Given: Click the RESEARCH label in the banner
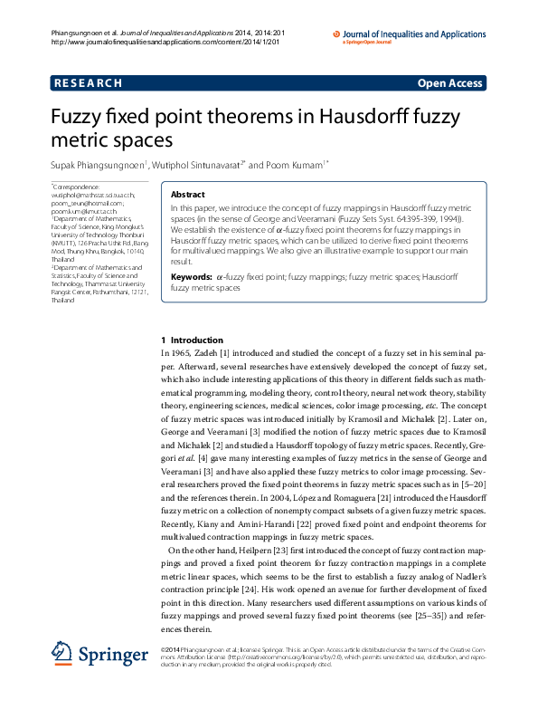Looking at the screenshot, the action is tap(89, 83).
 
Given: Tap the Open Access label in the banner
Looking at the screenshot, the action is tap(449, 83).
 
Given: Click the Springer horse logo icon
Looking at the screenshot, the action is tap(61, 654).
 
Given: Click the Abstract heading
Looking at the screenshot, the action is tap(188, 195).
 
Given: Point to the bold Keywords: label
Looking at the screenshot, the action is tap(192, 275).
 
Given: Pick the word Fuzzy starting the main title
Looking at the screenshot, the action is tap(77, 117).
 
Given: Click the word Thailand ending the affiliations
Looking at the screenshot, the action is tap(63, 299).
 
